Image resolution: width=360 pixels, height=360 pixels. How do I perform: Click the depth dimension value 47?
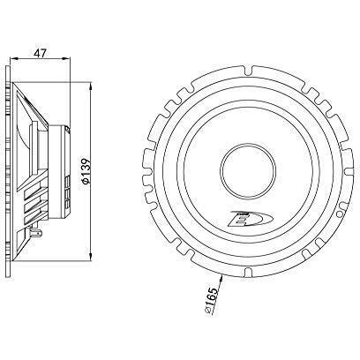tap(39, 52)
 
